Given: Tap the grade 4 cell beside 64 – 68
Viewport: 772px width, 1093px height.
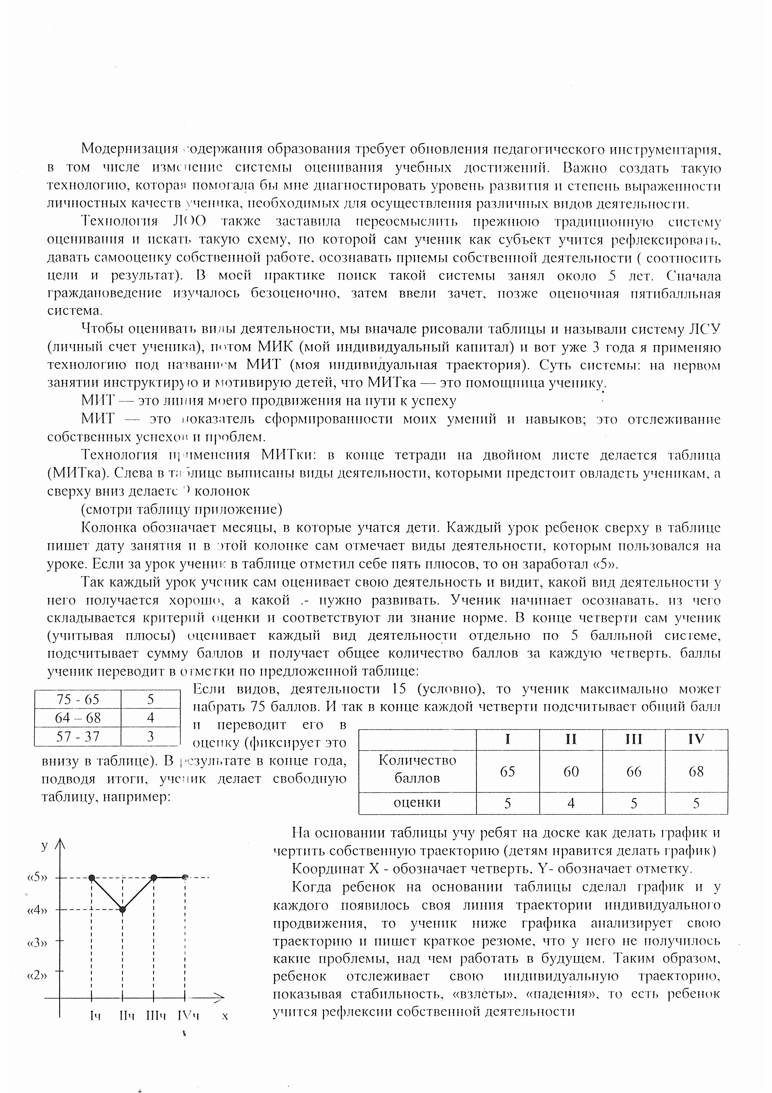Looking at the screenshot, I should (x=150, y=718).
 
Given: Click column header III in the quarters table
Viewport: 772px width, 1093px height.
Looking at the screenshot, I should (x=633, y=739).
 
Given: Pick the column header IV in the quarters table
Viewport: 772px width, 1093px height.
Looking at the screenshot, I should (x=696, y=739).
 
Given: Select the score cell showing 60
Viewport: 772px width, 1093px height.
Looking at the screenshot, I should (x=571, y=771).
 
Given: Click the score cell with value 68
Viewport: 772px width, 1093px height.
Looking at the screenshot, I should (x=696, y=771).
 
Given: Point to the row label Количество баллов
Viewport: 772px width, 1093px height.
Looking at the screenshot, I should (x=417, y=771).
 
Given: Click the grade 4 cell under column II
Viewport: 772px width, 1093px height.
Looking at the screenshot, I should (x=571, y=803).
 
